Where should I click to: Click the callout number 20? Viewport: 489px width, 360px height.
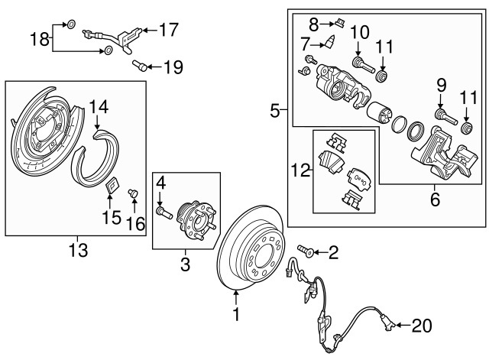coord(422,326)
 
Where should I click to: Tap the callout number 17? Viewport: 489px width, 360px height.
coord(169,30)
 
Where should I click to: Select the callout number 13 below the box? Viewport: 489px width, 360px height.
coord(78,250)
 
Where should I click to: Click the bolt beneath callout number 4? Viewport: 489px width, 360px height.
coord(164,212)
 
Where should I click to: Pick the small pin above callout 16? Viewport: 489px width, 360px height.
coord(133,193)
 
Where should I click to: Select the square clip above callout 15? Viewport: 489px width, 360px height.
coord(112,185)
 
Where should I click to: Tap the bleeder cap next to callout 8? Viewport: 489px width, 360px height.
coord(339,23)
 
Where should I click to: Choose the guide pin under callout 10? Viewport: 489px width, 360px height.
coord(364,64)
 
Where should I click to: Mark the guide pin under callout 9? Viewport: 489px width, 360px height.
coord(445,116)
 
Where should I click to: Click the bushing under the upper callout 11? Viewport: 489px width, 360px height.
coord(382,76)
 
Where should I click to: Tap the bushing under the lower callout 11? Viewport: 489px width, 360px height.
coord(467,128)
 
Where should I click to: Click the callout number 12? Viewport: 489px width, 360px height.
coord(300,170)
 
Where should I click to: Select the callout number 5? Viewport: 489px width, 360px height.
coord(275,111)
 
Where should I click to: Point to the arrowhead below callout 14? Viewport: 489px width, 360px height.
coord(97,126)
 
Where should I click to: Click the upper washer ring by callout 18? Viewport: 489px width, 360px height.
coord(71,24)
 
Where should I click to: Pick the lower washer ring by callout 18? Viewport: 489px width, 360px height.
coord(108,50)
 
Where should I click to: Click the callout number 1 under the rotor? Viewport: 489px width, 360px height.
coord(236,314)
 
